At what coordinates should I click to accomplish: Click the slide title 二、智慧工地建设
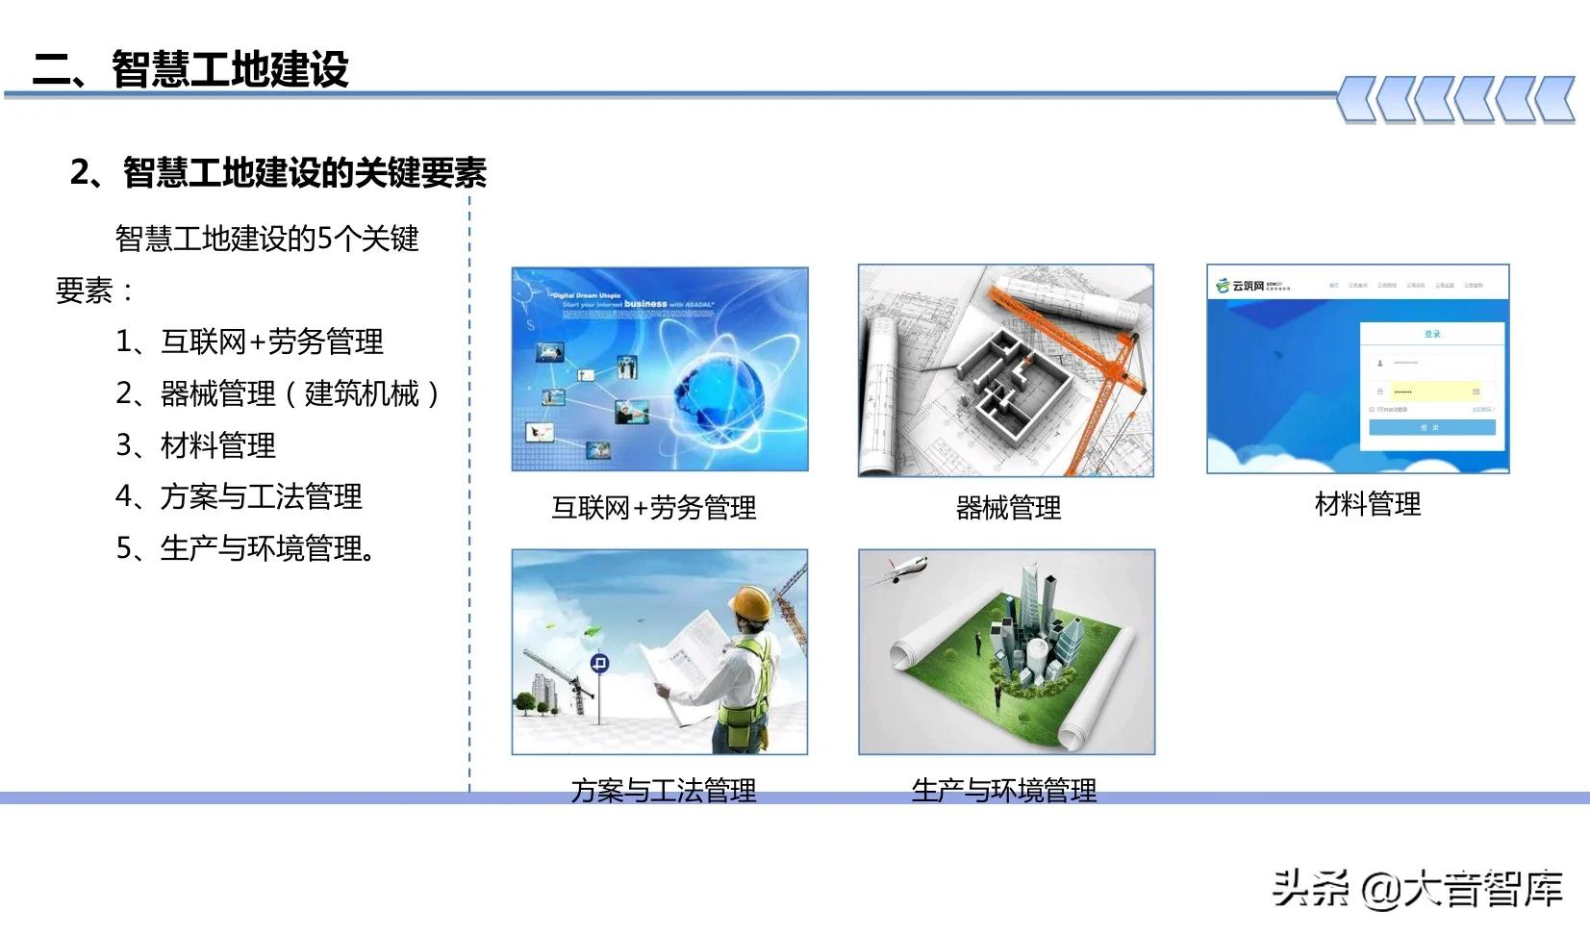coord(190,69)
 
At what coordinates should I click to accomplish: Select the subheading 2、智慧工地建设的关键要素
coord(278,173)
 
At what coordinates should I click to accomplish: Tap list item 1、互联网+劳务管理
coord(249,342)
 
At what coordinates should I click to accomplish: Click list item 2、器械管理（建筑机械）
coord(278,393)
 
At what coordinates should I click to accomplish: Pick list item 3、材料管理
coord(196,445)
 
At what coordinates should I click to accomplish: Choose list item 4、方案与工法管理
coord(239,496)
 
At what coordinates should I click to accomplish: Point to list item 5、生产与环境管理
coord(246,548)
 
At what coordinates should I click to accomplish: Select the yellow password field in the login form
coord(1430,392)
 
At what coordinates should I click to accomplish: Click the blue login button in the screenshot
coord(1431,427)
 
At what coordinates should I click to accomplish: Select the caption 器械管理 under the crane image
coord(1007,508)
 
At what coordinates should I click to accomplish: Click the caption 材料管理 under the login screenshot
coord(1367,504)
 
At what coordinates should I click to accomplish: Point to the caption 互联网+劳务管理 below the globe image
coord(654,508)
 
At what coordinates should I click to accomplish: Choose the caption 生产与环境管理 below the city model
coord(1003,790)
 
